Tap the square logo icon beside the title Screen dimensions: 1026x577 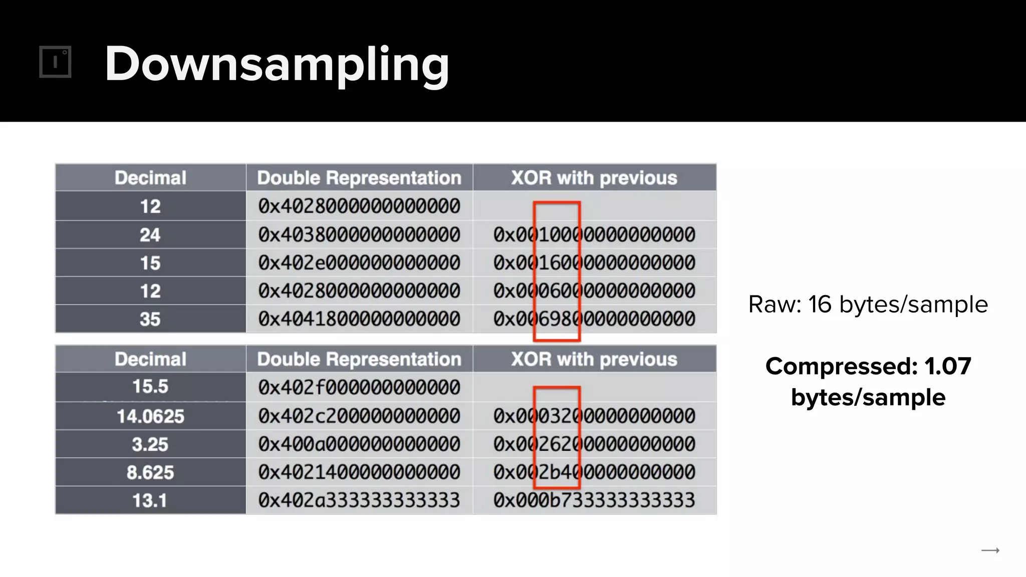coord(55,62)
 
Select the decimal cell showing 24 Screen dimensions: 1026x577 coord(150,235)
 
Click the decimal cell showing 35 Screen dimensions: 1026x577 coord(150,319)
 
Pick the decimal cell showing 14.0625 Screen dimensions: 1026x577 coord(150,416)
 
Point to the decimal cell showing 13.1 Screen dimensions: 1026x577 coord(150,500)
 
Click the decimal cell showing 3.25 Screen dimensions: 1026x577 coord(150,444)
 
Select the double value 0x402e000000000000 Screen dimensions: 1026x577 coord(359,263)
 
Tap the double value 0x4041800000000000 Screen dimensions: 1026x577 coord(359,319)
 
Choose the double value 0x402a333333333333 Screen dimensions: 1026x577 coord(359,500)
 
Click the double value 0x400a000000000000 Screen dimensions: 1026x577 coord(359,444)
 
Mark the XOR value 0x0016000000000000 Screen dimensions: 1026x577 coord(594,263)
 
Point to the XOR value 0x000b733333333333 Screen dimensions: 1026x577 coord(594,500)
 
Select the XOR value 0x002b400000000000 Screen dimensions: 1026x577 coord(594,472)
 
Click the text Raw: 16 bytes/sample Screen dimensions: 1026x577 coord(868,305)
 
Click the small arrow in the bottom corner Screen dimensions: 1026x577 coord(990,550)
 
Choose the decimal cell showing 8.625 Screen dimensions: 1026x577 coord(150,472)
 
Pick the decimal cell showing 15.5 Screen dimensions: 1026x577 coord(150,387)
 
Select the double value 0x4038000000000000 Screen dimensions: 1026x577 coord(359,235)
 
